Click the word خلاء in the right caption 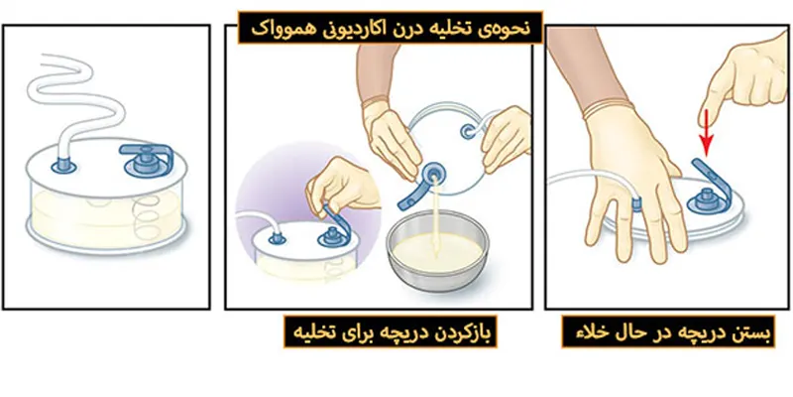[582, 331]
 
